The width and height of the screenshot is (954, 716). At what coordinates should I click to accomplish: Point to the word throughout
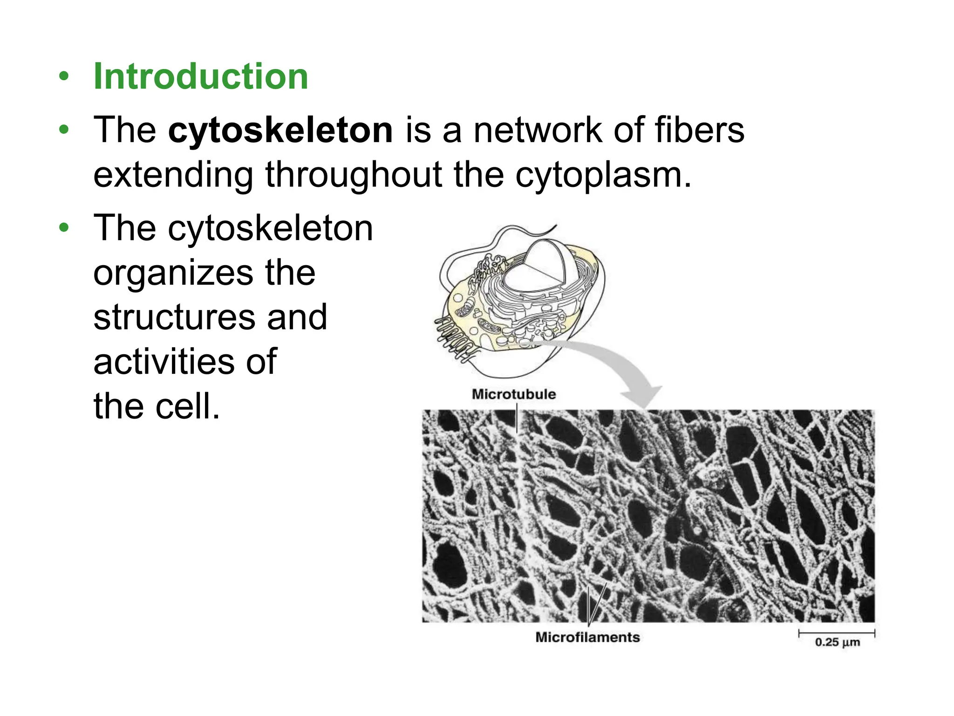[x=354, y=175]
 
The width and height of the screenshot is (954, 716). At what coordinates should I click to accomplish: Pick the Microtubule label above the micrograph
[x=514, y=394]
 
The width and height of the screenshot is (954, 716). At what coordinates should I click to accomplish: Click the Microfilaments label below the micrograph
[x=587, y=637]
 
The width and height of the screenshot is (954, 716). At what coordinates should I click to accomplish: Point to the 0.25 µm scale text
[x=837, y=642]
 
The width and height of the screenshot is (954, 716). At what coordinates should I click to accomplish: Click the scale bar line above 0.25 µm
[x=837, y=633]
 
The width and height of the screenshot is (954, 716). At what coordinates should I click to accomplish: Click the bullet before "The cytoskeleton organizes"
[x=64, y=228]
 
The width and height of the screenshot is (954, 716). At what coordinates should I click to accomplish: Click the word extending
[x=173, y=175]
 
